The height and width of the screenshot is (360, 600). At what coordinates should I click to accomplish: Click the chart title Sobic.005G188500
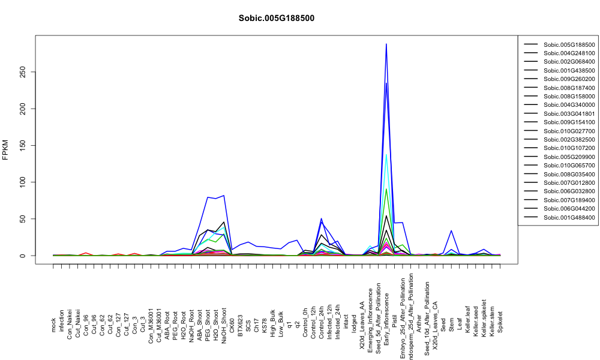pyautogui.click(x=276, y=18)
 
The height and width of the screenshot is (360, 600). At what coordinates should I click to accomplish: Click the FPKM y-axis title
pyautogui.click(x=5, y=149)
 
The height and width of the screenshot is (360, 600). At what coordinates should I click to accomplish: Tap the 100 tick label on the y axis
pyautogui.click(x=23, y=182)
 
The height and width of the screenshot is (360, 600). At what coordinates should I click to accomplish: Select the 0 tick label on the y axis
pyautogui.click(x=23, y=256)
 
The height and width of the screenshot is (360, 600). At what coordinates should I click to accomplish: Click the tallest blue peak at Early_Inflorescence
pyautogui.click(x=386, y=44)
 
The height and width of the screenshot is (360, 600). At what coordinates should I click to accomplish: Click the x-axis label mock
pyautogui.click(x=53, y=326)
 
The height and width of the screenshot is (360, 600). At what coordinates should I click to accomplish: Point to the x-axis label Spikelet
pyautogui.click(x=500, y=322)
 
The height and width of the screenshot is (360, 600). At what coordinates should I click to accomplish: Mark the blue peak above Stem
pyautogui.click(x=452, y=230)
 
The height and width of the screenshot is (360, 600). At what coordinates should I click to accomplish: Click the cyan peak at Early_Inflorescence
pyautogui.click(x=386, y=155)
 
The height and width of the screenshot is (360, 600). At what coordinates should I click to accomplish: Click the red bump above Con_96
pyautogui.click(x=86, y=253)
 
